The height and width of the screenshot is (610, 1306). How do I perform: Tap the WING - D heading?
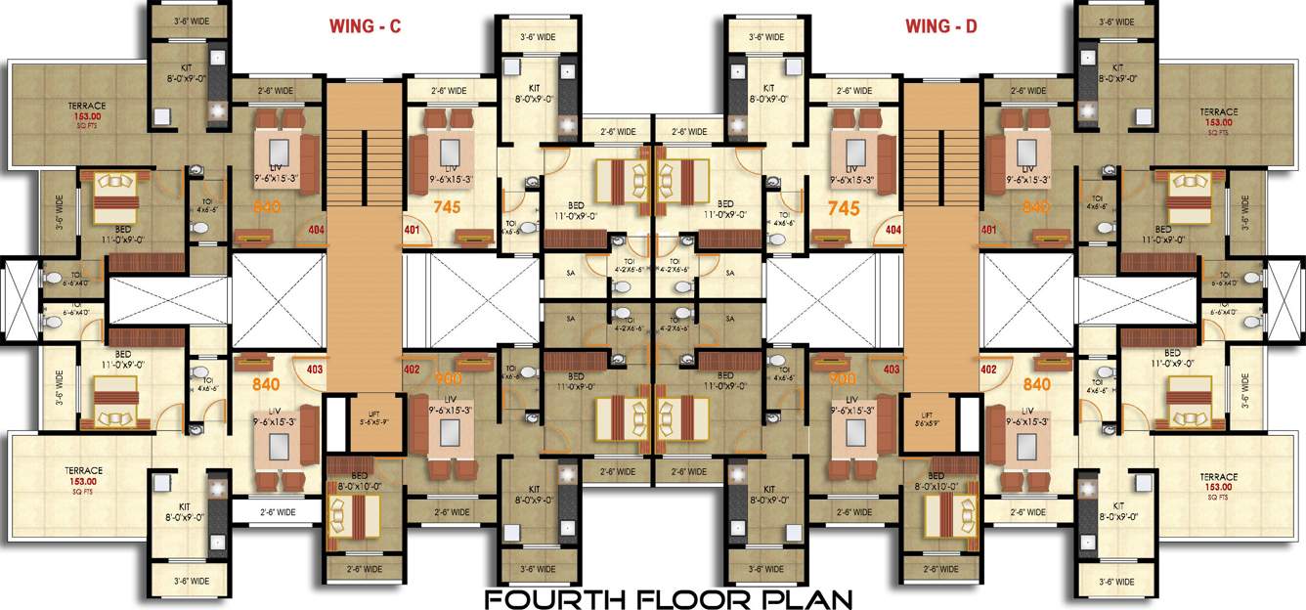[940, 26]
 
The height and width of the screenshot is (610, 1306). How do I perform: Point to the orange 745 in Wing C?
[447, 207]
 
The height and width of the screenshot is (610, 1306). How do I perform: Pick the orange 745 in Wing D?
[844, 207]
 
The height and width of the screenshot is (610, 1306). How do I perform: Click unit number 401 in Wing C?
[412, 231]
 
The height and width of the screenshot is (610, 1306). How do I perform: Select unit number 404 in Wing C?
[317, 231]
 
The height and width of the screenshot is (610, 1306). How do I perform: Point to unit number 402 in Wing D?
[988, 370]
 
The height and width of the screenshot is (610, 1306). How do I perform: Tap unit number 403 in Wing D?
[892, 370]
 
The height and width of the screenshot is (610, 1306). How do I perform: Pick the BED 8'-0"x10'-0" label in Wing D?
[944, 479]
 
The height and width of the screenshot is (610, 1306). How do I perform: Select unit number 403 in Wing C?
[315, 370]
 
